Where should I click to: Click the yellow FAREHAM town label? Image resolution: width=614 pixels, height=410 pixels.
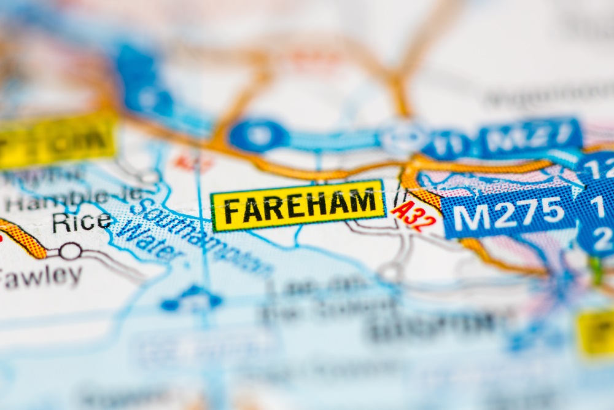298,206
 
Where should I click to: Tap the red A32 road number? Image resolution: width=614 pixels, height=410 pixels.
414,216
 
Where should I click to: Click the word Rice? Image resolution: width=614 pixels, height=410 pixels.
82,222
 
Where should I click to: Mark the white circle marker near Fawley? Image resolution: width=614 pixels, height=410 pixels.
70,251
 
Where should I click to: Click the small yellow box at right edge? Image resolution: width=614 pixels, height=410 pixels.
596,331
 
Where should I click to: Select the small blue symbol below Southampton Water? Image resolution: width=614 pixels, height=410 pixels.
191,299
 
